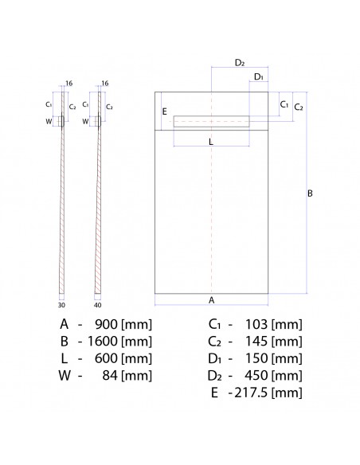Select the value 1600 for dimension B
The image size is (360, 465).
pos(104,341)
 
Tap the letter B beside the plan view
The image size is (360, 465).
pos(311,193)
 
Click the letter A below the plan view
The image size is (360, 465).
pos(211,300)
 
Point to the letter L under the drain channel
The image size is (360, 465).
pos(210,140)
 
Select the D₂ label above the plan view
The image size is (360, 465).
pos(240,62)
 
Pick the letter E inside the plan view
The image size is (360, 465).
pos(164,112)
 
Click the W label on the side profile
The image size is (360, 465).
pos(49,121)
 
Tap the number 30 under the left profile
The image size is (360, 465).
pos(61,304)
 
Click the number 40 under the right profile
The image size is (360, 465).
pos(96,304)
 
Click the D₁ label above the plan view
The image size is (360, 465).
pos(258,76)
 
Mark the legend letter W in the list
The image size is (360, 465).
pos(63,375)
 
